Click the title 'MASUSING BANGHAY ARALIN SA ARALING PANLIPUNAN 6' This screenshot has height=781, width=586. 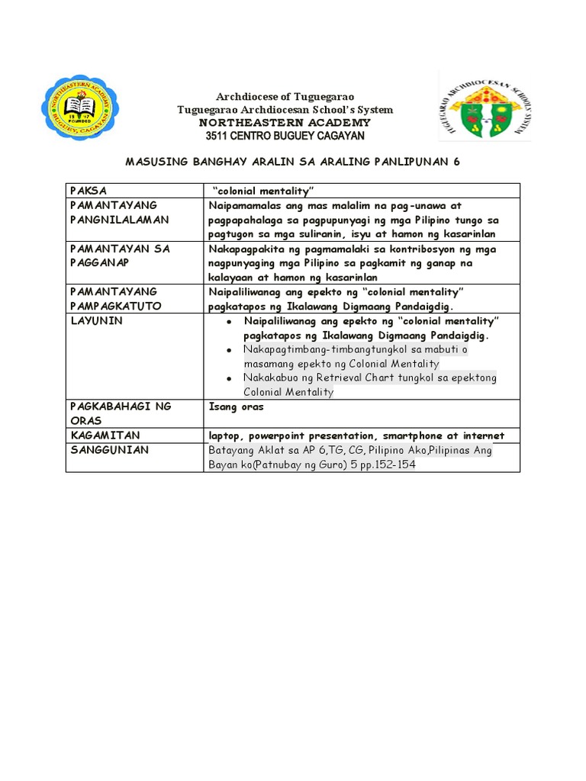click(292, 162)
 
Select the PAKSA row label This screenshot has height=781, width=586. click(89, 190)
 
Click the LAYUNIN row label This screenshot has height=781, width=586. click(96, 321)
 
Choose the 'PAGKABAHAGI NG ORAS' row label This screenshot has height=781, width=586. click(120, 413)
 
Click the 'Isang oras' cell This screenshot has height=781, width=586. click(237, 407)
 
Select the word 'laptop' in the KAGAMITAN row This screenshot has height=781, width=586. click(227, 435)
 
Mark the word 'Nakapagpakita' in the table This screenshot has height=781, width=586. click(246, 249)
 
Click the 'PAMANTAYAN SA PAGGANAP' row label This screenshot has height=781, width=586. click(120, 256)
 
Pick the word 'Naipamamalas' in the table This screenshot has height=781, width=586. click(246, 206)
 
